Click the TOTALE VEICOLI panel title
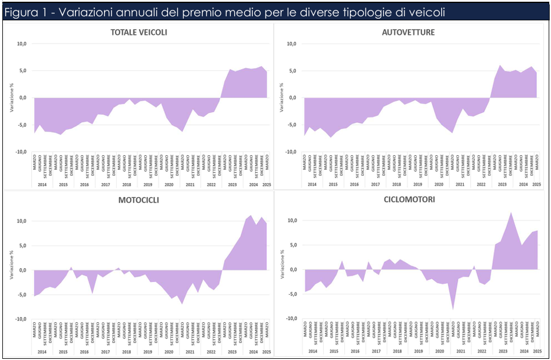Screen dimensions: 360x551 pos(139,33)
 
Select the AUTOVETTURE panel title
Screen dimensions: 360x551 pos(408,33)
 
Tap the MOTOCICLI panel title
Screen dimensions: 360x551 pos(139,200)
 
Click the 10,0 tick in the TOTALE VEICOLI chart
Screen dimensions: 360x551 pos(22,44)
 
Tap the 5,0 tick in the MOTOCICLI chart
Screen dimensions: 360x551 pos(22,245)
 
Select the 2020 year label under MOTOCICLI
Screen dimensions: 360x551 pos(169,352)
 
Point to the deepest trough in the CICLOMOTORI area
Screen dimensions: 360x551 pos(453,310)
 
